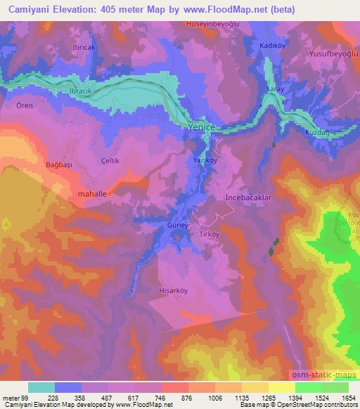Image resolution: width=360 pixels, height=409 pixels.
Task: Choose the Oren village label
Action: coord(24,106)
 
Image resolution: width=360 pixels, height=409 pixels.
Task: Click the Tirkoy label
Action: coord(210,234)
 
